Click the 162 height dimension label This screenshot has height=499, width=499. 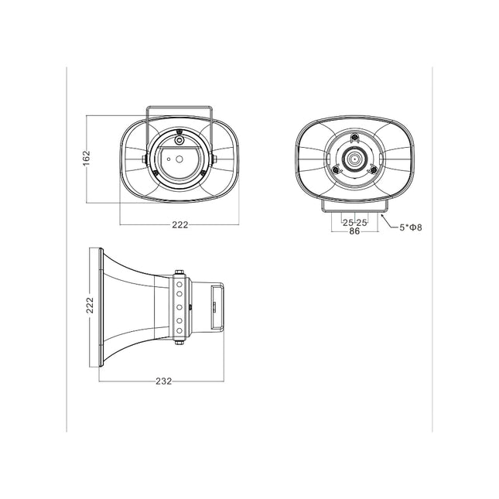[87, 157]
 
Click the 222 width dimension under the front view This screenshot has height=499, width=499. [179, 224]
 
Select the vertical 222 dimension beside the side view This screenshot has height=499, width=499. [90, 308]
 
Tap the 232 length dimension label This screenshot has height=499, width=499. [162, 381]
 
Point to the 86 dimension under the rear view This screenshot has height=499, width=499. [354, 231]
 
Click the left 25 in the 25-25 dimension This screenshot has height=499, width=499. [347, 222]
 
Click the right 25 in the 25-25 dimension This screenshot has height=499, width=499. [362, 222]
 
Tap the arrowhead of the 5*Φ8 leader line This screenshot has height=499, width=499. [382, 218]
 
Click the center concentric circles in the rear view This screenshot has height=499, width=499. [355, 159]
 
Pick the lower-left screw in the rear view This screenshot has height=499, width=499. [336, 171]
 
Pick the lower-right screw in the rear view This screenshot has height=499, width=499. [374, 171]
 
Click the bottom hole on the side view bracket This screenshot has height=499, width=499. [179, 331]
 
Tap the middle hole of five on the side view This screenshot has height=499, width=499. [179, 307]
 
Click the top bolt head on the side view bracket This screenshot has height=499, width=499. [179, 271]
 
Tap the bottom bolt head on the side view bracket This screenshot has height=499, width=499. [179, 342]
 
